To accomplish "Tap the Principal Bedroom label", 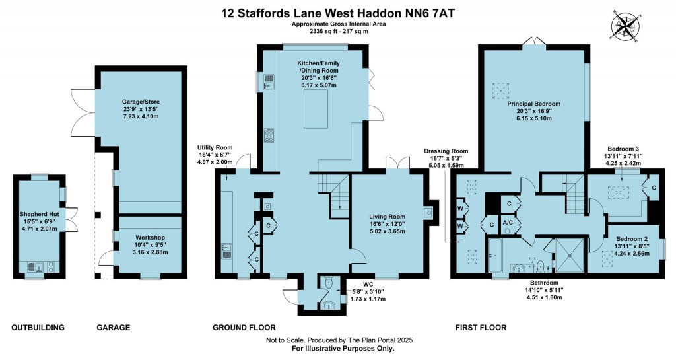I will pyautogui.click(x=533, y=104).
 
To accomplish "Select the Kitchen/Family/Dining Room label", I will pyautogui.click(x=319, y=66).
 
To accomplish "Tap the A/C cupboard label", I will pyautogui.click(x=508, y=223).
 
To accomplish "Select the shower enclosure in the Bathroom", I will pyautogui.click(x=570, y=255).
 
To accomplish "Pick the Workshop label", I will pyautogui.click(x=149, y=237).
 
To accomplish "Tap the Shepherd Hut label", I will pyautogui.click(x=40, y=214).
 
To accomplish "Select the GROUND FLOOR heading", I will pyautogui.click(x=244, y=328).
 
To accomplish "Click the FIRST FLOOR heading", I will pyautogui.click(x=481, y=328).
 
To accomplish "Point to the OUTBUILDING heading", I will pyautogui.click(x=38, y=328).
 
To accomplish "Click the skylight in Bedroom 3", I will pyautogui.click(x=618, y=192).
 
